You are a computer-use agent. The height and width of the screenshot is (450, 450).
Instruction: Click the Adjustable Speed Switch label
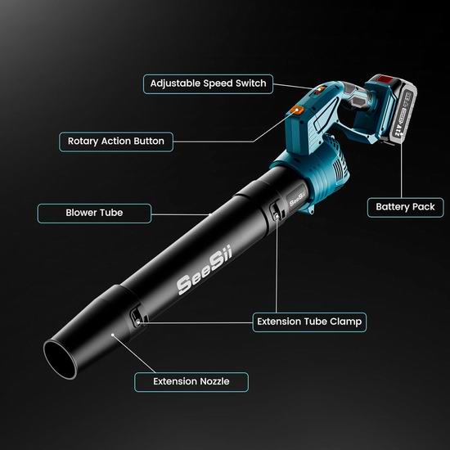[x=208, y=83]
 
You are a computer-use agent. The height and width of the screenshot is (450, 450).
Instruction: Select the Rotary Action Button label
[x=116, y=142]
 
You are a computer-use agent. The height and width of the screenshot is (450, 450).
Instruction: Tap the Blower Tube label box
[x=94, y=213]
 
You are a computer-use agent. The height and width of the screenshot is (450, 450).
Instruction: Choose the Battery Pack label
[x=405, y=207]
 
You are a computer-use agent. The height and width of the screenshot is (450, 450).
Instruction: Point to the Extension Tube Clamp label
[x=309, y=322]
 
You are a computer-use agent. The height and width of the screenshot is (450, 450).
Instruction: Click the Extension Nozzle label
[x=191, y=382]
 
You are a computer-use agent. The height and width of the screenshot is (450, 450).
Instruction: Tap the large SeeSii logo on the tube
[x=205, y=269]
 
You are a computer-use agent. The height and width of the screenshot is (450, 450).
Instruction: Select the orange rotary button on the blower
[x=297, y=110]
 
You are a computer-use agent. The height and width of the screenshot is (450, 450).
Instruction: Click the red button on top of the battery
[x=385, y=79]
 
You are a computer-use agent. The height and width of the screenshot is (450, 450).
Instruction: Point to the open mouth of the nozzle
[x=60, y=360]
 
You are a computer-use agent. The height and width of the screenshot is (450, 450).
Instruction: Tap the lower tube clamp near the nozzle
[x=136, y=317]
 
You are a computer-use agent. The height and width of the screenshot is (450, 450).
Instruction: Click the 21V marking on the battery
[x=398, y=130]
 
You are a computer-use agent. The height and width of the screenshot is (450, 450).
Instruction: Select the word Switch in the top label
[x=251, y=83]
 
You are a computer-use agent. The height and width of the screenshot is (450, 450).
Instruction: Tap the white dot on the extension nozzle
[x=113, y=335]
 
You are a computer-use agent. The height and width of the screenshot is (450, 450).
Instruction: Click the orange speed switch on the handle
[x=318, y=90]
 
